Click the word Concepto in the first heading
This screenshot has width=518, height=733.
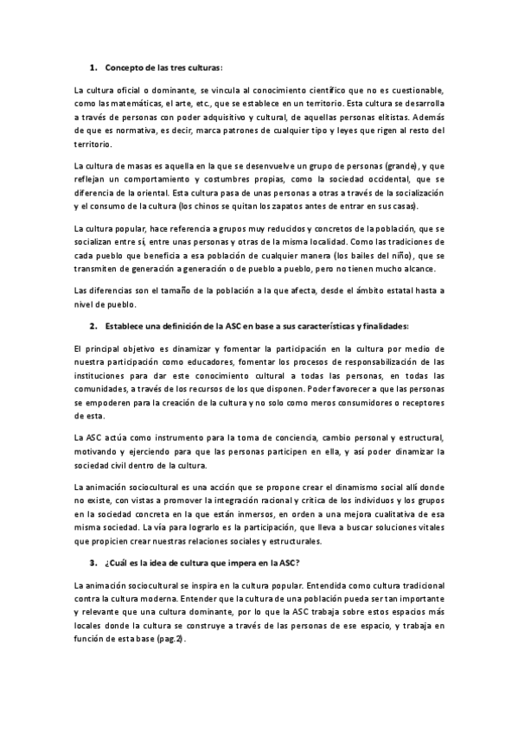[123, 67]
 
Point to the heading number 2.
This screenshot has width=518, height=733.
[93, 326]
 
